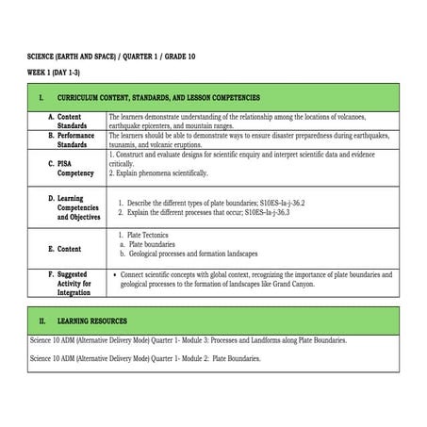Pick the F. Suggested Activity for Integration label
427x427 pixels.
tap(72, 283)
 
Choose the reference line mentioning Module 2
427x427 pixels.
tap(144, 358)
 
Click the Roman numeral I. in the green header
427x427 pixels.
tap(41, 98)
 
